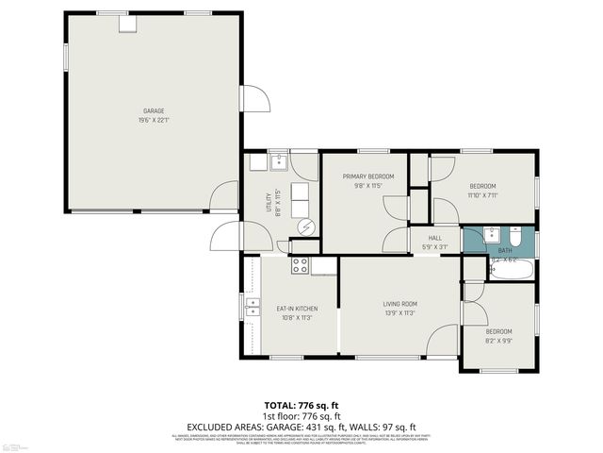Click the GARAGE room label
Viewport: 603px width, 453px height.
tap(154, 110)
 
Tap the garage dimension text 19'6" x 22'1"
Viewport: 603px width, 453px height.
tap(154, 120)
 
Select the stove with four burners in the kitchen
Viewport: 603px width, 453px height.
tap(301, 265)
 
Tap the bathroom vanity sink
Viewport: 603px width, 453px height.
tap(491, 234)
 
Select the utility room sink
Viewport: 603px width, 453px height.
tap(279, 163)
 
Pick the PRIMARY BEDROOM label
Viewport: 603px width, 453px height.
tap(367, 176)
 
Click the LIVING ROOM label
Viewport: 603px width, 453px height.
tap(399, 304)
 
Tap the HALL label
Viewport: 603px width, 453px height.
tap(434, 238)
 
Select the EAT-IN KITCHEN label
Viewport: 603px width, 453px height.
tap(296, 309)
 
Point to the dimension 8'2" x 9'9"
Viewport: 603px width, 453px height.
tap(498, 341)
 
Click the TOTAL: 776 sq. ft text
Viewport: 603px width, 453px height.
tap(301, 406)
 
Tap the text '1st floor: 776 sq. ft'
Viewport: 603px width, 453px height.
tap(301, 416)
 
